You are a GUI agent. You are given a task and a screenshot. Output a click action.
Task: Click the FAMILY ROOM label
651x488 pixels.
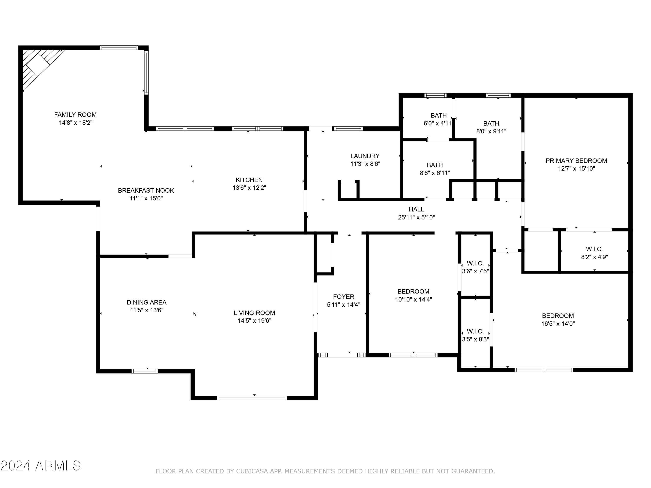click(75, 115)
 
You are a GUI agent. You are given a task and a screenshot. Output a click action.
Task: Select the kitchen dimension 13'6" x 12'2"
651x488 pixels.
click(249, 188)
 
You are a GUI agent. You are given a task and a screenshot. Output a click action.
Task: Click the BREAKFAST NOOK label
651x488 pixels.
click(146, 190)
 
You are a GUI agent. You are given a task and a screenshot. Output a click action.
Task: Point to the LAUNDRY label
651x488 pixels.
click(365, 156)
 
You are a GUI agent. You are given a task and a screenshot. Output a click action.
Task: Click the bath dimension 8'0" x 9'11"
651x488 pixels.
click(491, 131)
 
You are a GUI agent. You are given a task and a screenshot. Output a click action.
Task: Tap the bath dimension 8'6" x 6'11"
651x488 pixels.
click(435, 173)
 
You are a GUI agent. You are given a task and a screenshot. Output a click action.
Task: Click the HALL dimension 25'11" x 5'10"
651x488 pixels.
click(416, 217)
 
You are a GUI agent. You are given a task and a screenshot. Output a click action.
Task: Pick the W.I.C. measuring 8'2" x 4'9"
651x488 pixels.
click(594, 253)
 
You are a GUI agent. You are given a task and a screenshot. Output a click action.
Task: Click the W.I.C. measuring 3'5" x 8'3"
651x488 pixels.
click(475, 335)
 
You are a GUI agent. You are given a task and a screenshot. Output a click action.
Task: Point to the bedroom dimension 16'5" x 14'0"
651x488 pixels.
click(558, 324)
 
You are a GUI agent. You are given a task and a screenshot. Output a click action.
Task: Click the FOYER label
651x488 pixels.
click(344, 296)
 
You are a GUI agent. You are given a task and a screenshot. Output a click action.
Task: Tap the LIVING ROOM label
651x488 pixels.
click(254, 313)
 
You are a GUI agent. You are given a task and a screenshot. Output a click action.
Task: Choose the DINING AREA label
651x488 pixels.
click(146, 302)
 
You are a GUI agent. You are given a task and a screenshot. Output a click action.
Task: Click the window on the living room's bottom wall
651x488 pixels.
click(252, 398)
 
